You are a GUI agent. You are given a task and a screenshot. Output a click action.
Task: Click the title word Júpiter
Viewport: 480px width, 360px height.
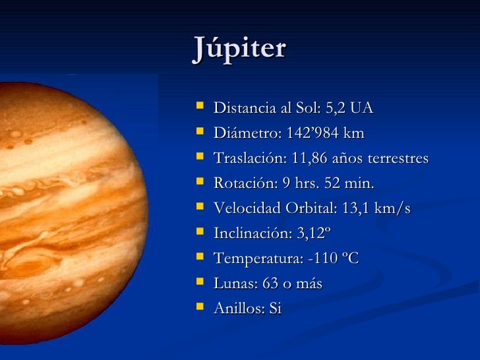tap(239, 49)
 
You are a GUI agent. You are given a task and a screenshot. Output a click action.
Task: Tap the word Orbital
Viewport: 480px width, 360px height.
tap(310, 208)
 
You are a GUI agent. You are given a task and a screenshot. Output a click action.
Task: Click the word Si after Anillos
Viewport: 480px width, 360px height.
tap(273, 309)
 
